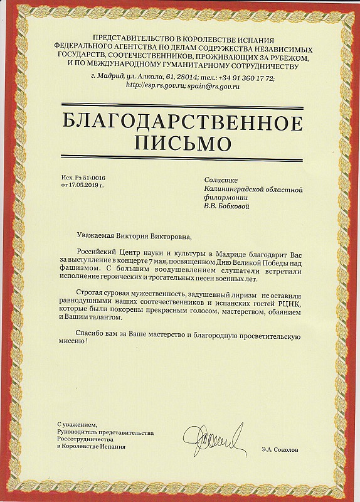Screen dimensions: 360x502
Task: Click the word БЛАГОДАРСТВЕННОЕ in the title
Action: (x=180, y=120)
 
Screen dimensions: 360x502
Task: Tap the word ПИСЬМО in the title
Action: (x=180, y=143)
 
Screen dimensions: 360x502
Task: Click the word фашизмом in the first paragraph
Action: (x=81, y=266)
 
